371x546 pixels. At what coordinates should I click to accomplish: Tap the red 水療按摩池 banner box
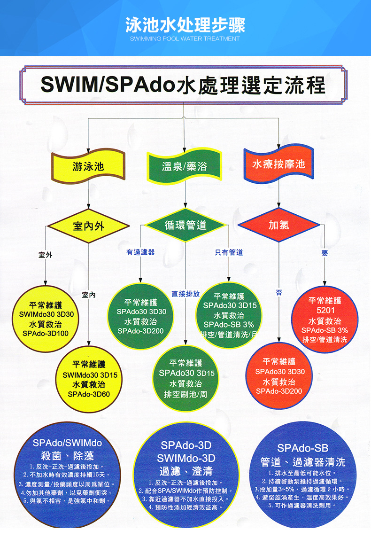point(278,164)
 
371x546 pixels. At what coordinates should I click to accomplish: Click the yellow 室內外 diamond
point(88,226)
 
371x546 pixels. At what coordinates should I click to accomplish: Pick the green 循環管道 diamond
point(185,226)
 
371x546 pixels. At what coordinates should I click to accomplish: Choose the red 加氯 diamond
point(278,226)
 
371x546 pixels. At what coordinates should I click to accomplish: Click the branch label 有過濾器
point(140,252)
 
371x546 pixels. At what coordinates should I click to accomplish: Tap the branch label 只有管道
point(229,252)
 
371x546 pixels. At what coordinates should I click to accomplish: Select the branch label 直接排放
point(185,294)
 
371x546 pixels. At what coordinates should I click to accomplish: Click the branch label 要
point(325,253)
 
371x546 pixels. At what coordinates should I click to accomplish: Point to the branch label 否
point(279,292)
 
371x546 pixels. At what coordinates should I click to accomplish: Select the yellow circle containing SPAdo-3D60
point(89,378)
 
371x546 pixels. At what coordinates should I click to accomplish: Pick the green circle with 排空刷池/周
point(185,377)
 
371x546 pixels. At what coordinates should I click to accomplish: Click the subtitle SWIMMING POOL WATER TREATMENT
point(185,39)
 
